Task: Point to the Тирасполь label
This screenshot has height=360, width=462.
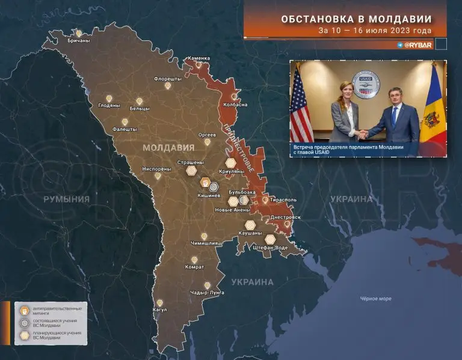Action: click(x=283, y=198)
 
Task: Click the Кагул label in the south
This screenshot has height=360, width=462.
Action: click(x=160, y=310)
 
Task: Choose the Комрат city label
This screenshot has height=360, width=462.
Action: click(x=194, y=267)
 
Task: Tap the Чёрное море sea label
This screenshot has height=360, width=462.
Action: click(x=375, y=299)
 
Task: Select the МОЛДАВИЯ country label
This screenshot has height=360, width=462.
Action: click(x=168, y=147)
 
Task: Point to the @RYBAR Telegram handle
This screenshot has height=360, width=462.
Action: click(x=414, y=44)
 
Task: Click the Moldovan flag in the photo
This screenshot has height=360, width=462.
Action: click(x=432, y=111)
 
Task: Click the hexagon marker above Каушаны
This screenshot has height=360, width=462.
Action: click(x=250, y=225)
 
